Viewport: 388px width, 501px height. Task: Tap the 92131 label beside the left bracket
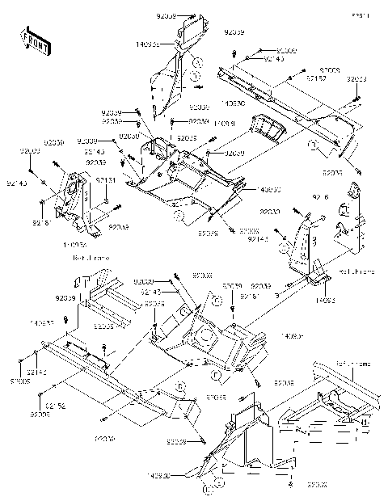click(106, 180)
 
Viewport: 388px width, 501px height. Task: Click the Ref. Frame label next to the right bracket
click(353, 272)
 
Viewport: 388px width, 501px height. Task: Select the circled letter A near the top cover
click(198, 63)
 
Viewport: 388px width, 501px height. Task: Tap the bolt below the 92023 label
click(356, 100)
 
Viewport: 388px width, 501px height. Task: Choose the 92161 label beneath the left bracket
click(43, 221)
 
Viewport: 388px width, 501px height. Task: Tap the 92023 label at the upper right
click(356, 78)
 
